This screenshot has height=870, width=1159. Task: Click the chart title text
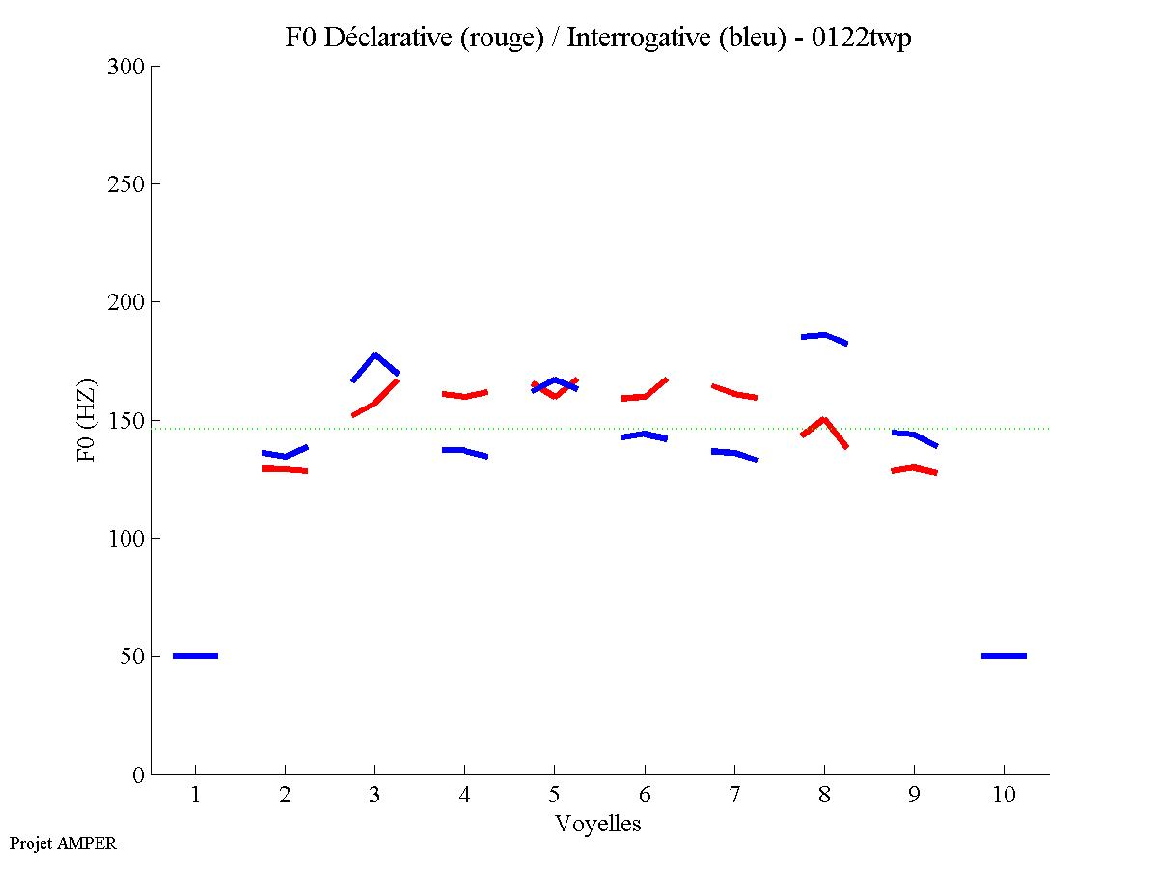[598, 39]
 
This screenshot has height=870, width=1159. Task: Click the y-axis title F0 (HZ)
[87, 420]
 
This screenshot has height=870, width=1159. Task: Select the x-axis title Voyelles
[598, 825]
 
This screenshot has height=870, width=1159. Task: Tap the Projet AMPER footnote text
[63, 843]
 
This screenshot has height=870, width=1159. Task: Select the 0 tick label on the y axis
[139, 775]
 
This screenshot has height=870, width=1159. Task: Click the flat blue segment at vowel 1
[195, 656]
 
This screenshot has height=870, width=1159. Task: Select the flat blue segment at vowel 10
[1004, 656]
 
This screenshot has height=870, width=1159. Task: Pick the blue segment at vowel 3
[374, 357]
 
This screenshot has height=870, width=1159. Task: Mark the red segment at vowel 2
[285, 469]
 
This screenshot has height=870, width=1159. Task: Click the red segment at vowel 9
[914, 468]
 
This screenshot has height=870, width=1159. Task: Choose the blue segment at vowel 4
[464, 451]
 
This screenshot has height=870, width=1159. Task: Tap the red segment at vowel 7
[734, 393]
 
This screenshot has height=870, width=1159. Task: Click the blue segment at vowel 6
[644, 435]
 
